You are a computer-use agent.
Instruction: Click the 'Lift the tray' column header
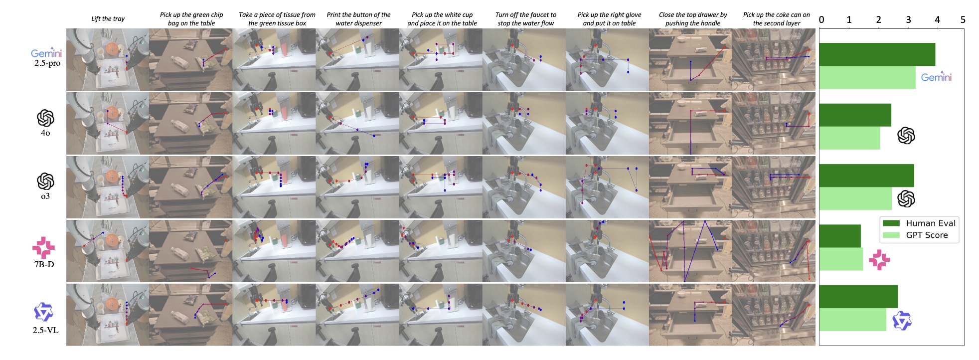click(x=108, y=19)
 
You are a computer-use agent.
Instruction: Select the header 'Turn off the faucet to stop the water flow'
click(x=526, y=19)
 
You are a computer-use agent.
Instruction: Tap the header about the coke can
click(x=777, y=19)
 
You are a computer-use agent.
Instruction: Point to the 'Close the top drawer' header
click(x=693, y=19)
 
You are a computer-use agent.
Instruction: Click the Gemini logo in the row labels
click(x=46, y=53)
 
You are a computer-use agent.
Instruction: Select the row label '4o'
click(x=45, y=133)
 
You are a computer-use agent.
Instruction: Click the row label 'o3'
click(x=45, y=196)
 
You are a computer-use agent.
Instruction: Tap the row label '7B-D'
click(x=44, y=264)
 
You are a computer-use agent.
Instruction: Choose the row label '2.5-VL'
click(x=45, y=330)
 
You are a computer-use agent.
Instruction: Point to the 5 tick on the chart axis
click(x=963, y=19)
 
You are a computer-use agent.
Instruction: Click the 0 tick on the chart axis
click(x=821, y=19)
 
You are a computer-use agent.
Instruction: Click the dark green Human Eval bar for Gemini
click(x=877, y=54)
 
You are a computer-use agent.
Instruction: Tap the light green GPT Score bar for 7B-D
click(x=841, y=259)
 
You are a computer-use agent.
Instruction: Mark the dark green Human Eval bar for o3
click(x=866, y=176)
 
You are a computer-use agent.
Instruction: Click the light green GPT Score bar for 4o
click(x=849, y=138)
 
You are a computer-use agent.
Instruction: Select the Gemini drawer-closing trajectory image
click(x=690, y=59)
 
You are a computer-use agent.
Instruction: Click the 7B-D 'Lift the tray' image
click(x=108, y=251)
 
